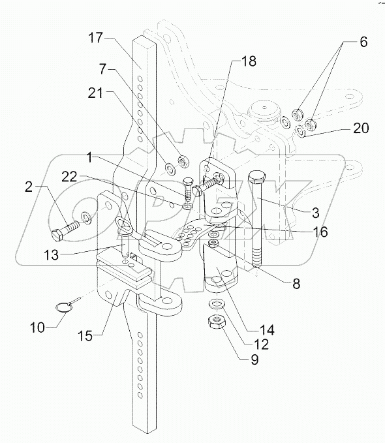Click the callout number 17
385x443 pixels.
[95, 38]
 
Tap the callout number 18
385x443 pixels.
[249, 61]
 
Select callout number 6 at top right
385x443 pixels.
[363, 42]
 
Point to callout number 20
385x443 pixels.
[361, 129]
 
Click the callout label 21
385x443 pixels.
[95, 93]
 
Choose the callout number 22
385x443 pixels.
[69, 177]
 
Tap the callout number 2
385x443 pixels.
[29, 187]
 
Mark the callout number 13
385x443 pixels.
[51, 255]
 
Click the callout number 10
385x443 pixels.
[37, 328]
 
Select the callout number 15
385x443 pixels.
[85, 336]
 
